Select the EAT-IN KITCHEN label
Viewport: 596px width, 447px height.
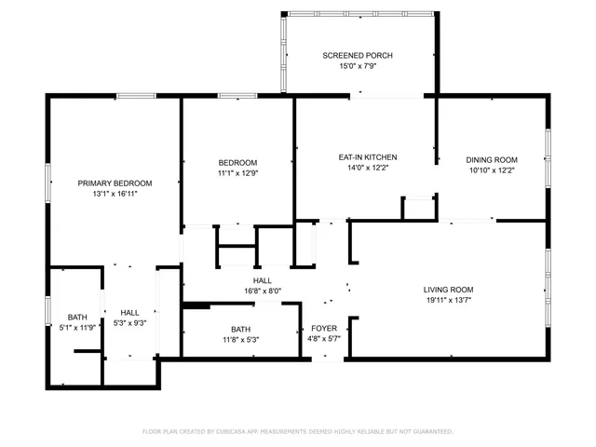(x=368, y=157)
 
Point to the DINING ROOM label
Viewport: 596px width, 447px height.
(x=492, y=160)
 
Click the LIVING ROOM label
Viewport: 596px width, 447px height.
(x=449, y=290)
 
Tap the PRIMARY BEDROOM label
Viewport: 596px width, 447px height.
(x=115, y=183)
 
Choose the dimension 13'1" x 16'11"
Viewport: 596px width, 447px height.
(x=115, y=195)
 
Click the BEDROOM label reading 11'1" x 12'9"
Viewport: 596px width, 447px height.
(x=237, y=161)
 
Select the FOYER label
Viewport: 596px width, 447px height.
(x=324, y=328)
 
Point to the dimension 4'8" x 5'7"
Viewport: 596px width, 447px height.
(x=324, y=339)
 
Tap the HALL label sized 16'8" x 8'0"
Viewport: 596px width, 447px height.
(x=263, y=280)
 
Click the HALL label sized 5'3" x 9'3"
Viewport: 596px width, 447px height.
(x=129, y=312)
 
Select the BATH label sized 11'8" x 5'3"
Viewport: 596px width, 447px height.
(x=241, y=329)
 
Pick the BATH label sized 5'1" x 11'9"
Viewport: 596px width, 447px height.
(x=76, y=318)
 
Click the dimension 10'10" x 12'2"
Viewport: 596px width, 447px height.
(x=492, y=171)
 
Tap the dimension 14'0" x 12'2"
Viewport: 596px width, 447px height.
(x=368, y=169)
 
